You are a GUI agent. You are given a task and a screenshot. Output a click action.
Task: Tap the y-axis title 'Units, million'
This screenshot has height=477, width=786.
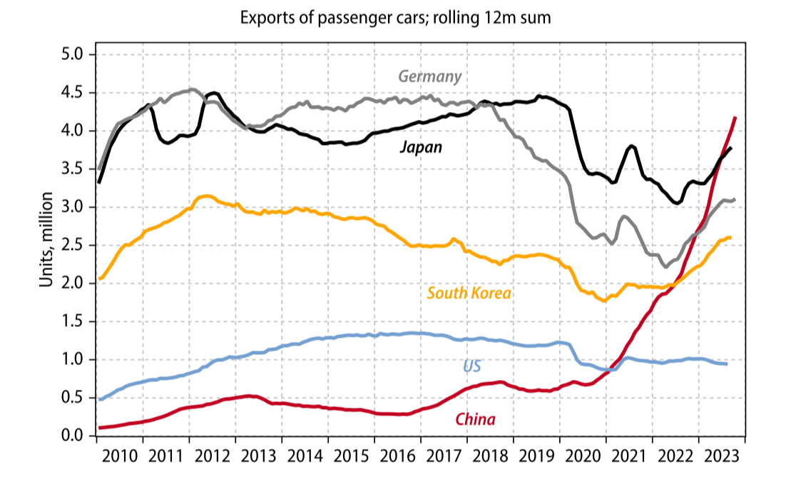click(46, 239)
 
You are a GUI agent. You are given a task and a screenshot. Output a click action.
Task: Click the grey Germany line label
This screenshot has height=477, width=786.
click(429, 76)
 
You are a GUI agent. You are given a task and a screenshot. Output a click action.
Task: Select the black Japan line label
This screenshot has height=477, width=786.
click(421, 148)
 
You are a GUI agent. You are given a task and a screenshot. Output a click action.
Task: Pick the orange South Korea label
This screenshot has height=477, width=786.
click(469, 293)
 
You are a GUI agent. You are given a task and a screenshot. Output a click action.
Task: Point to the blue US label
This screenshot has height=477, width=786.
click(472, 366)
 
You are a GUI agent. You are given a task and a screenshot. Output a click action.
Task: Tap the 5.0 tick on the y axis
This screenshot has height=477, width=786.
click(74, 55)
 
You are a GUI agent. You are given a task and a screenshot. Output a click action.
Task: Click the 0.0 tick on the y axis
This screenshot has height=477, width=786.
click(74, 436)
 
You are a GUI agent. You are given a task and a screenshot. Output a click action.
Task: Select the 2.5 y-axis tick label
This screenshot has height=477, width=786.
click(74, 246)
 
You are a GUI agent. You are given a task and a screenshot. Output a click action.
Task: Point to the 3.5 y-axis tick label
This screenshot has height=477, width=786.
click(74, 169)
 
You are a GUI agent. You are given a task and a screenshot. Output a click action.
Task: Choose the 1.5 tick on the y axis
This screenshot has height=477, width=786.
click(74, 321)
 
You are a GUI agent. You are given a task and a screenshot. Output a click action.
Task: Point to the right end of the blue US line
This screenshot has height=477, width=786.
click(726, 364)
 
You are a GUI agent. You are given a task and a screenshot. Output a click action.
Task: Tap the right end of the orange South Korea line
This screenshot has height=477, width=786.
click(730, 238)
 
